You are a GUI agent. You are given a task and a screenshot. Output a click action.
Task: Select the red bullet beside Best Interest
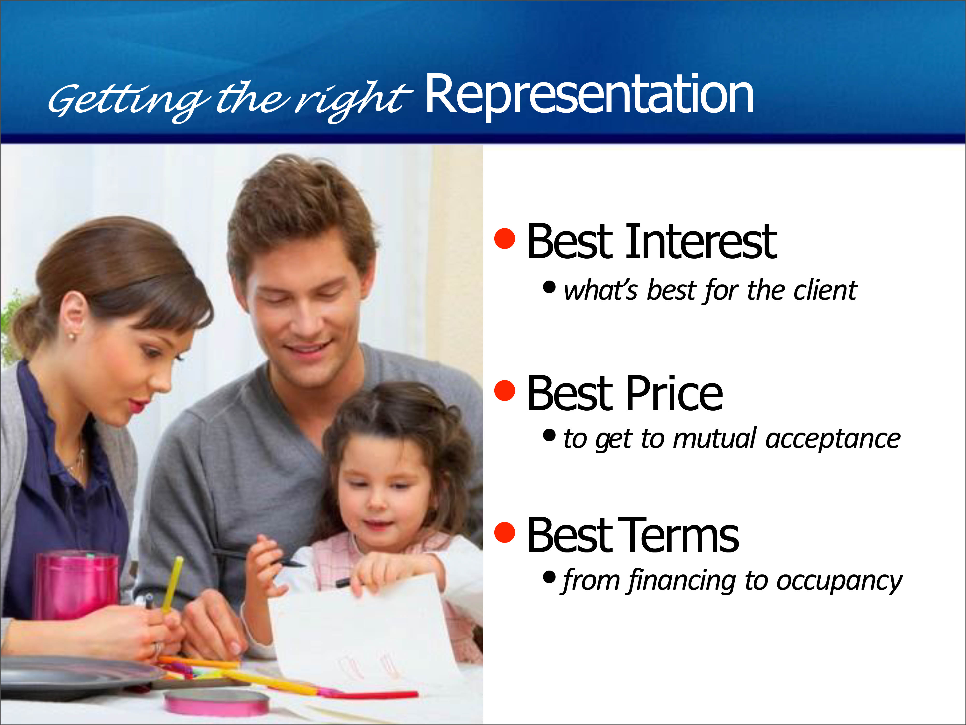(505, 239)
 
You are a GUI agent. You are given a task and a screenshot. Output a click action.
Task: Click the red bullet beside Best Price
(505, 390)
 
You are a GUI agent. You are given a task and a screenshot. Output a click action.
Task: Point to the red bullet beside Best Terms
(505, 532)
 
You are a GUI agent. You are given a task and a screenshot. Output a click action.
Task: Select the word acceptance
(833, 439)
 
